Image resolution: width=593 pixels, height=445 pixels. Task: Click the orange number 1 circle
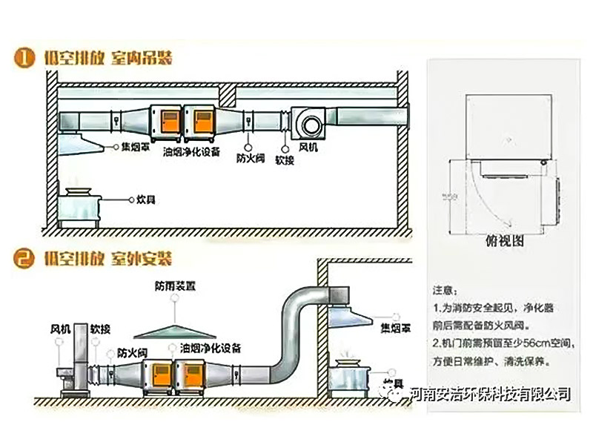[x=27, y=58]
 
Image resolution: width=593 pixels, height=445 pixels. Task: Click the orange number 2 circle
[x=27, y=260]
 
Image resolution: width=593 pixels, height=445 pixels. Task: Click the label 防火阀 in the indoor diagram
[x=248, y=158]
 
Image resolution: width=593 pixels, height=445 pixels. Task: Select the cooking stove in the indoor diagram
[x=79, y=204]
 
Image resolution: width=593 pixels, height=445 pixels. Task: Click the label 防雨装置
[x=176, y=285]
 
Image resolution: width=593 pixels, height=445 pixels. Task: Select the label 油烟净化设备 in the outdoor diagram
[x=211, y=347]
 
